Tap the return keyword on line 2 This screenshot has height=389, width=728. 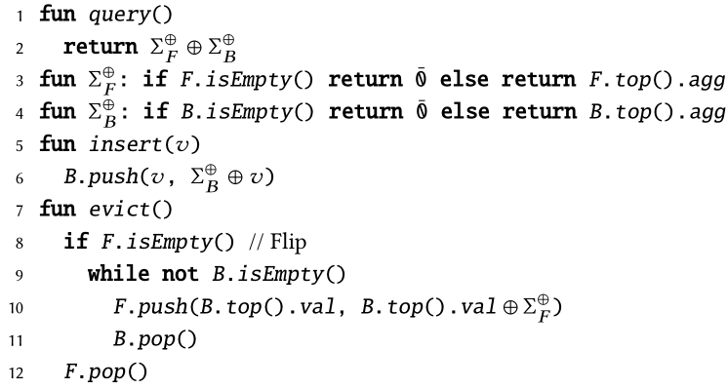[95, 46]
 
